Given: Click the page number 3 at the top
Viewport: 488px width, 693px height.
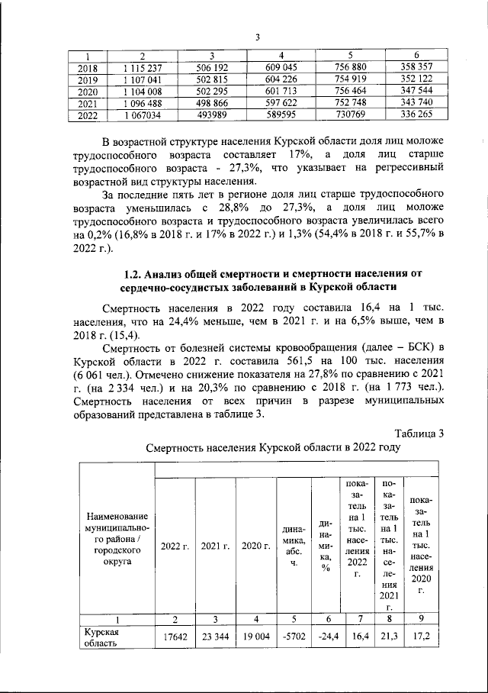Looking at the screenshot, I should pyautogui.click(x=258, y=37).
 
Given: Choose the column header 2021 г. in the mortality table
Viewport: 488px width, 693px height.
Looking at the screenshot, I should pyautogui.click(x=216, y=546).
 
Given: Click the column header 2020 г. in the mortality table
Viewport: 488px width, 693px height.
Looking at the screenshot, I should pyautogui.click(x=255, y=546).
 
